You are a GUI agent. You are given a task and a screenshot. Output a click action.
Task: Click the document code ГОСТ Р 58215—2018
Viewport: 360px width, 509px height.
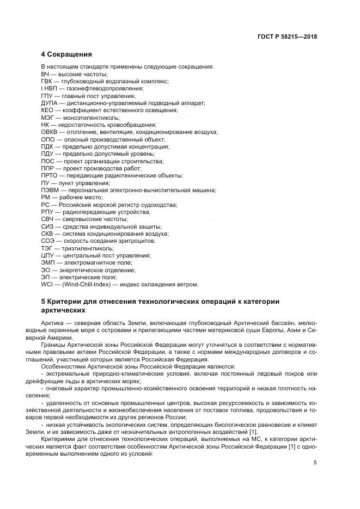pyautogui.click(x=286, y=37)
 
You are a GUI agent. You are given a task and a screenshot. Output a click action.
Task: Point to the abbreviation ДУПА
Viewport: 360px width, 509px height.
pyautogui.click(x=50, y=102)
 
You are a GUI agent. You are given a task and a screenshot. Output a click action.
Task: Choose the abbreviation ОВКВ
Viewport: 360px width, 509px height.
pyautogui.click(x=50, y=132)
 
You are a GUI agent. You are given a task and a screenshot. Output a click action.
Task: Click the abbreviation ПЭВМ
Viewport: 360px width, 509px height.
pyautogui.click(x=50, y=190)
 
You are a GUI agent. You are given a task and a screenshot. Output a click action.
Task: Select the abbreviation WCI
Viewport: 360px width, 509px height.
pyautogui.click(x=47, y=284)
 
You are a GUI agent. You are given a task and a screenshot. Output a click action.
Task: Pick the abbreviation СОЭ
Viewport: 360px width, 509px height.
pyautogui.click(x=47, y=241)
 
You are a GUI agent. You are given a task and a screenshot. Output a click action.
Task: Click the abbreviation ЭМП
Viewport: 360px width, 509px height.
pyautogui.click(x=48, y=262)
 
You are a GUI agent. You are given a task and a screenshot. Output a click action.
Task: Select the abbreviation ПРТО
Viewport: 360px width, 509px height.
pyautogui.click(x=50, y=175)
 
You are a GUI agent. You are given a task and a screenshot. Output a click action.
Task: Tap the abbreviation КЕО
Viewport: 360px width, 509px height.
pyautogui.click(x=47, y=110)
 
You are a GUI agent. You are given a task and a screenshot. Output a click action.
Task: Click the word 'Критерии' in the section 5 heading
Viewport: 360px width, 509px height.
pyautogui.click(x=68, y=301)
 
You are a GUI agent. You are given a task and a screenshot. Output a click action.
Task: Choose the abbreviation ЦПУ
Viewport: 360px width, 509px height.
pyautogui.click(x=47, y=255)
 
